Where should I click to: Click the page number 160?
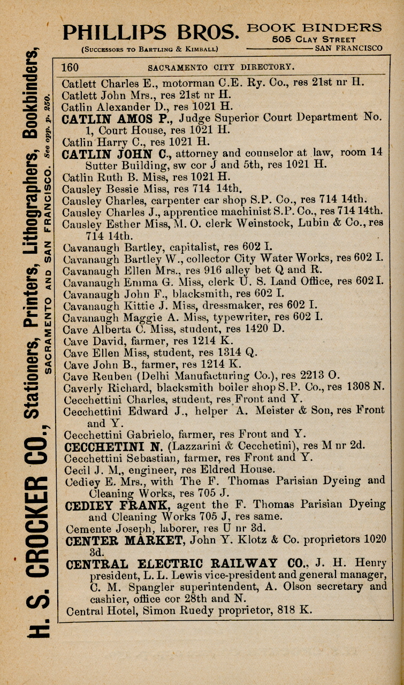[70, 67]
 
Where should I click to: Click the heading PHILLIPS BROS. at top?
[150, 33]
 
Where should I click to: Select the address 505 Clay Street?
[314, 39]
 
